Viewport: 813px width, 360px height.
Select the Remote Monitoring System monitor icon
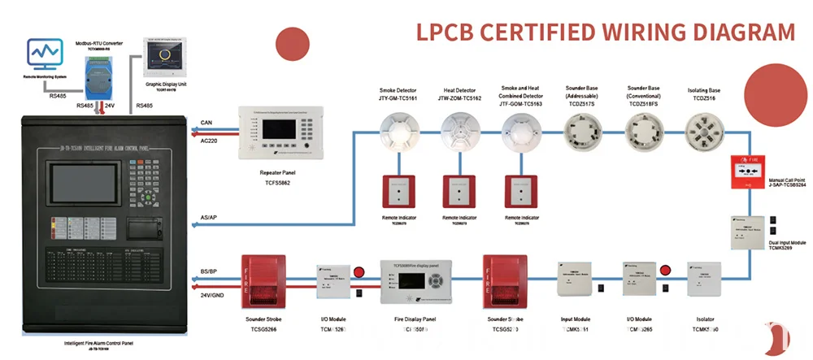click(45, 55)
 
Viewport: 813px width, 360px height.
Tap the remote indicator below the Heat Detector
click(459, 193)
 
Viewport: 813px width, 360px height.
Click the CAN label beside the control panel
click(207, 123)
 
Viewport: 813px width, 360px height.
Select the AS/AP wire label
click(209, 219)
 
